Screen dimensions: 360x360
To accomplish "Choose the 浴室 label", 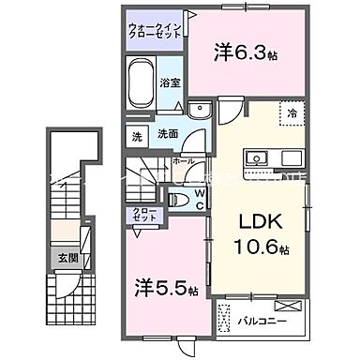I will tap(172, 82).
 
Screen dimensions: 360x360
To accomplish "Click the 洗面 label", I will tap(167, 133).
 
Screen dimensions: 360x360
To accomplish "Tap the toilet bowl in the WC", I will tap(178, 199).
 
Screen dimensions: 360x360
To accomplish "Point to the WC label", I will tap(199, 198).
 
